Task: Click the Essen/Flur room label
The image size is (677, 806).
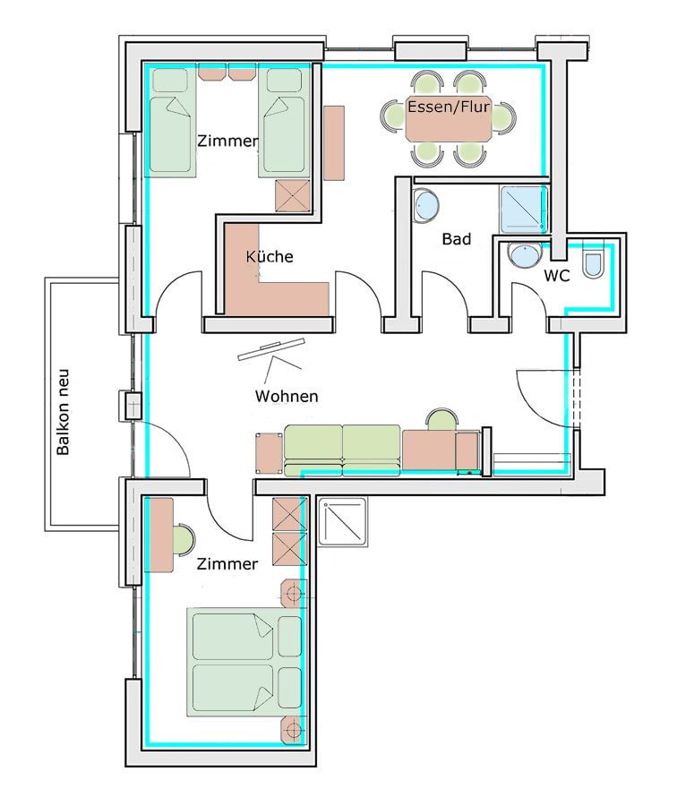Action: pos(449,107)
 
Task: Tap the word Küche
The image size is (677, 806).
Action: pos(270,256)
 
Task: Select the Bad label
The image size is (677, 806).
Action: pos(457,239)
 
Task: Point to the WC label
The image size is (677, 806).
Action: pos(557,276)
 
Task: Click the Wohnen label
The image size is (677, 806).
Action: pos(287,397)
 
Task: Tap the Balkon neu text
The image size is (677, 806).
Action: pos(62,412)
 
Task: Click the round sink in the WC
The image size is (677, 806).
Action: pos(525,255)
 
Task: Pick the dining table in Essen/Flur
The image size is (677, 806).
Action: pos(449,119)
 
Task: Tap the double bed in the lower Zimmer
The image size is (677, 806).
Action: pos(244,662)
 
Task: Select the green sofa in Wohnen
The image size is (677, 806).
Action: pos(342,450)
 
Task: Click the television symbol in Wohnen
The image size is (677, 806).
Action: pos(271,349)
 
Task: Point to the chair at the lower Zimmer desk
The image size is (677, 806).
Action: pos(184,539)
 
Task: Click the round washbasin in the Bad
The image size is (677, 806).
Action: pos(426,206)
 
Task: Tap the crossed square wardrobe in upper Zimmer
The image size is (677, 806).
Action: pos(293,196)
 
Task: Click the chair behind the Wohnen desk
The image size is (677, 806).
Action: pos(442,419)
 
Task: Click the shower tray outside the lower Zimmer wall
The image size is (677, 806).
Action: pos(342,521)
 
